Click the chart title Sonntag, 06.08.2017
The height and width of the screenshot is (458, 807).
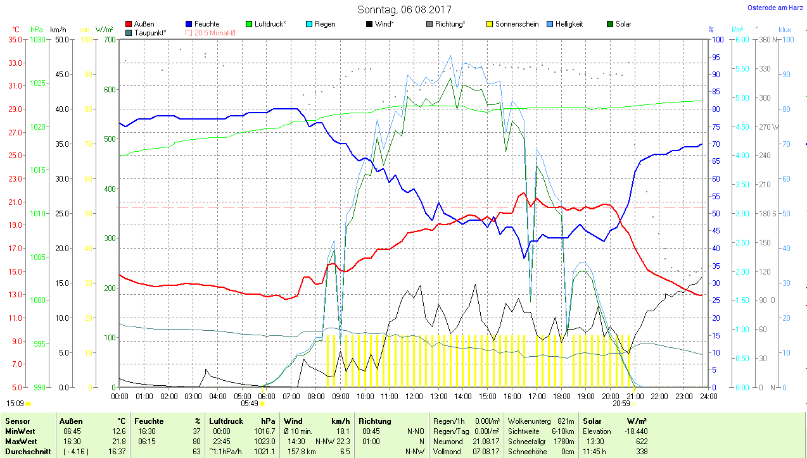pyautogui.click(x=404, y=9)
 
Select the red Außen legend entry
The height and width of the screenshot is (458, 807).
pyautogui.click(x=140, y=24)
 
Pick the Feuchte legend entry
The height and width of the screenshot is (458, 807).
pyautogui.click(x=202, y=24)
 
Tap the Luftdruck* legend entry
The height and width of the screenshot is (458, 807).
pyautogui.click(x=265, y=24)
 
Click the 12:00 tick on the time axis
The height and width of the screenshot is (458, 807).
pyautogui.click(x=414, y=397)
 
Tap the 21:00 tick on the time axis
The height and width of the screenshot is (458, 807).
pyautogui.click(x=635, y=397)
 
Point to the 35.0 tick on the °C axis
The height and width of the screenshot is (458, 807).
pyautogui.click(x=15, y=39)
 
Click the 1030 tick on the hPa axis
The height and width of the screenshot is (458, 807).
pyautogui.click(x=38, y=39)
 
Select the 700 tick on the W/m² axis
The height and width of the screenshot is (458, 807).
pyautogui.click(x=110, y=39)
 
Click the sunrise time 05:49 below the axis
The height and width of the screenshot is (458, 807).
pyautogui.click(x=250, y=403)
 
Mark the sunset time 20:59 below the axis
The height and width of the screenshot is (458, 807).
pyautogui.click(x=621, y=403)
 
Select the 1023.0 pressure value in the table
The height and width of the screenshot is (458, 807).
pyautogui.click(x=264, y=441)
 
